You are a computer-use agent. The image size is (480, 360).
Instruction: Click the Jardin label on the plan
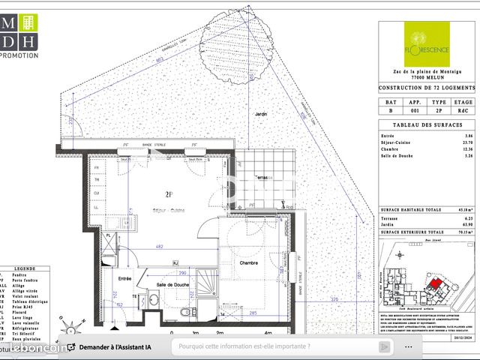click(x=260, y=114)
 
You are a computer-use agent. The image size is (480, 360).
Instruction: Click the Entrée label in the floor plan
click(x=124, y=279)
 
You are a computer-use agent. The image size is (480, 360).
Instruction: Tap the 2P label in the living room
click(x=170, y=193)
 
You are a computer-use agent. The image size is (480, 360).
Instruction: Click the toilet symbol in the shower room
click(x=182, y=313)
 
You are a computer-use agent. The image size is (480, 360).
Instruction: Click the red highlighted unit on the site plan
click(x=435, y=286)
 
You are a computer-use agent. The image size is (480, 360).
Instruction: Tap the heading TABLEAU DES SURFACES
click(x=426, y=124)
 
